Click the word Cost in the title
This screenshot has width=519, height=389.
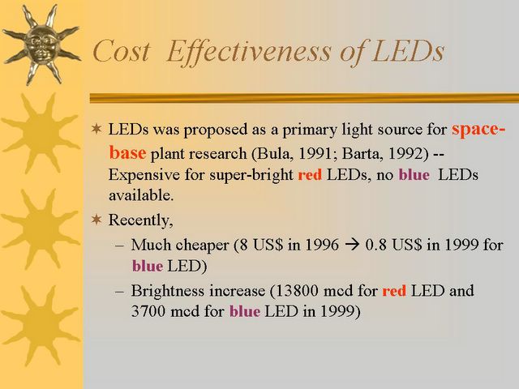[x=122, y=51]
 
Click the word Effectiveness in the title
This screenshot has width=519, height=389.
[x=249, y=52]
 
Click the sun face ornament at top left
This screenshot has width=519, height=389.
[x=41, y=44]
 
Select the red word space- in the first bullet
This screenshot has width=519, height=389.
[x=478, y=130]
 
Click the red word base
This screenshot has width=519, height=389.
[x=127, y=153]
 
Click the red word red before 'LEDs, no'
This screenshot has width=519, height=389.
[x=310, y=175]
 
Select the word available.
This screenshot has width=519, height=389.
[x=141, y=195]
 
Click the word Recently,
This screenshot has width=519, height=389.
[x=140, y=220]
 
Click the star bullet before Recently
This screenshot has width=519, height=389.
[x=97, y=220]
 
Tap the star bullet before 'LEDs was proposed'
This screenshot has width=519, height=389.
[x=97, y=129]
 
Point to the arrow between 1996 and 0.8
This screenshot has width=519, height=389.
[x=352, y=246]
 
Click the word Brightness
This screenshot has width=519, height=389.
[x=168, y=291]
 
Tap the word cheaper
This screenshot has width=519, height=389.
[x=202, y=246]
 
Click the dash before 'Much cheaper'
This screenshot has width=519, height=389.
[x=119, y=246]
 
